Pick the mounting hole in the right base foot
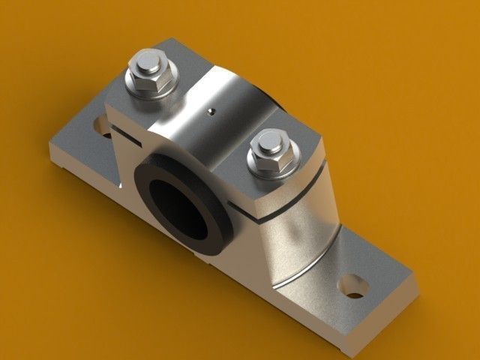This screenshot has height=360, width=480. [352, 286]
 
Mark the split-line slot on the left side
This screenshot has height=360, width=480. [131, 135]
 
